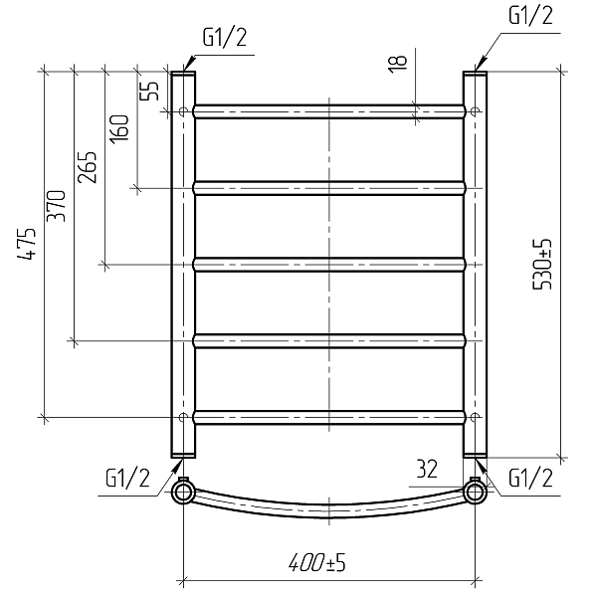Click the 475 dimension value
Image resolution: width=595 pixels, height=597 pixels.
pyautogui.click(x=27, y=244)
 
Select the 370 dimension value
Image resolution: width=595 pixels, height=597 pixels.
pyautogui.click(x=56, y=206)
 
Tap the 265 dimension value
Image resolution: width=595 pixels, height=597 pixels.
pyautogui.click(x=87, y=167)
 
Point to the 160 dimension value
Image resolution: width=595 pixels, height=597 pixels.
pyautogui.click(x=119, y=129)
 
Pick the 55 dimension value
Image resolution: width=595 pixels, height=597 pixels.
pyautogui.click(x=149, y=91)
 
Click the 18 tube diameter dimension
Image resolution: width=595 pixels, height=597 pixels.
pyautogui.click(x=397, y=64)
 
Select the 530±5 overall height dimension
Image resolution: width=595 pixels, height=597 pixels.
pyautogui.click(x=541, y=265)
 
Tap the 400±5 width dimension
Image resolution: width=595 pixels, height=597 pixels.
pyautogui.click(x=317, y=563)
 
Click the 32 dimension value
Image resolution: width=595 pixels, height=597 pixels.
pyautogui.click(x=427, y=469)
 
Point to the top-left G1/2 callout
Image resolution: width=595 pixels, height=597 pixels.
pyautogui.click(x=225, y=38)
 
